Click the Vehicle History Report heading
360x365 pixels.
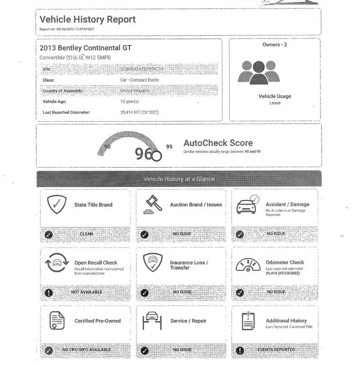88,19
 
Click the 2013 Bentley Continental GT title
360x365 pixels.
86,48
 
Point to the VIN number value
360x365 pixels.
142,69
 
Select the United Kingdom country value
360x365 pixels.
135,91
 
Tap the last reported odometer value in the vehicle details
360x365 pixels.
139,112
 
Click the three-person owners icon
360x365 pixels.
258,73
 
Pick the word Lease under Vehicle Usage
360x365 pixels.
275,103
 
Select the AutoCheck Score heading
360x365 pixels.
218,143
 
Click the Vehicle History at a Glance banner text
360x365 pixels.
179,179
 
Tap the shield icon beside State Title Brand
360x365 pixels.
57,204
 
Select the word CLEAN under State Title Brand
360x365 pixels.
87,234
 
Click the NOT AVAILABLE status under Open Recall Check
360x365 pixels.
87,292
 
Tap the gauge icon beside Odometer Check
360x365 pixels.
247,264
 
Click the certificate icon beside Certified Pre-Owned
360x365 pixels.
57,321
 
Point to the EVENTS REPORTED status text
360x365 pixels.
276,350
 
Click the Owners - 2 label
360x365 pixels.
274,45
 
